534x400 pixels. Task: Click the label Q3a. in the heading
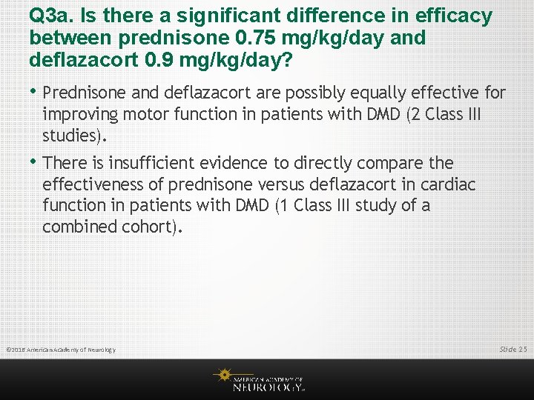[x=50, y=16]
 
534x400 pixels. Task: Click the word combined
[x=77, y=227]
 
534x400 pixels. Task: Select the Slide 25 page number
[x=513, y=349]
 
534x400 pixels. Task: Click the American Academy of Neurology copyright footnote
[x=60, y=350]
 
